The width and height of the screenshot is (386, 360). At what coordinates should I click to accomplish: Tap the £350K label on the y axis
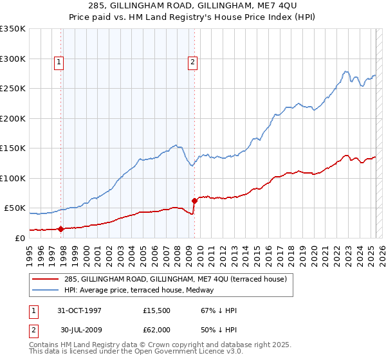tap(13, 29)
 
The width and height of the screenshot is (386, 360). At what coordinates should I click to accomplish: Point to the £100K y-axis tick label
tap(13, 178)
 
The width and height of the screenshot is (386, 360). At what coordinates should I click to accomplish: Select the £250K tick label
tap(13, 89)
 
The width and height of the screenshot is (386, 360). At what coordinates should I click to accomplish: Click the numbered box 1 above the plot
tap(59, 62)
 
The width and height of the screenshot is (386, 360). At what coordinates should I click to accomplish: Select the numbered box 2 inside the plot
tap(192, 62)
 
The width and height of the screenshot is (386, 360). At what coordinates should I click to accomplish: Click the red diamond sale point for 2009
tap(194, 201)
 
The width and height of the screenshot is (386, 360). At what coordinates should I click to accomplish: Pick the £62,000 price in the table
tap(157, 329)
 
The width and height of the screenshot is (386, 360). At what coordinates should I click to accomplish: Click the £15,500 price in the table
tap(157, 310)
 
